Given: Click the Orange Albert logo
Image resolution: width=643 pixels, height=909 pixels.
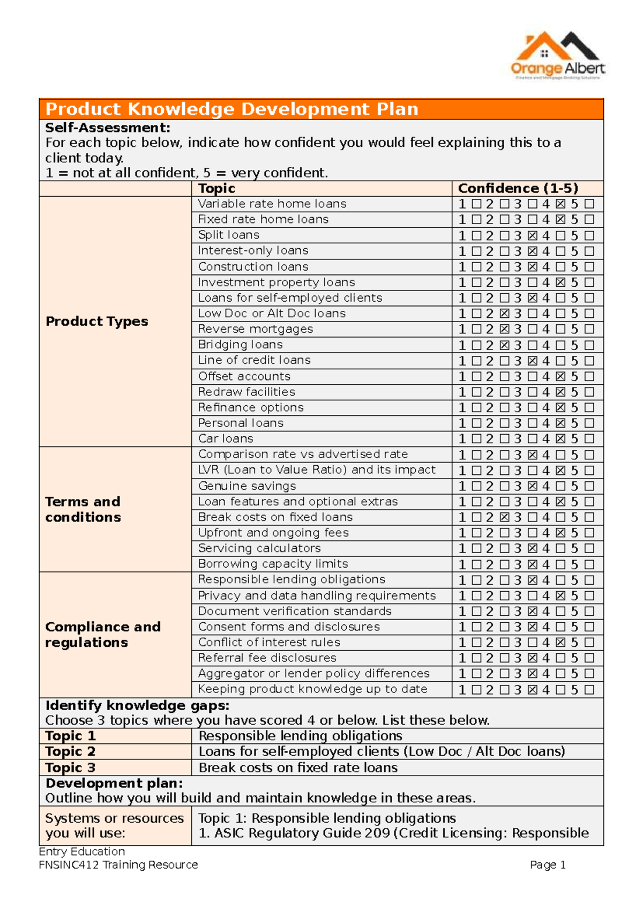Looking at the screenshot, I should point(557,55).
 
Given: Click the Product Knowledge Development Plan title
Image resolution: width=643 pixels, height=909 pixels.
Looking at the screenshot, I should point(231,109).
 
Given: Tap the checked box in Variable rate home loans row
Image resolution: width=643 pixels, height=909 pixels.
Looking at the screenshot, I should point(560,204).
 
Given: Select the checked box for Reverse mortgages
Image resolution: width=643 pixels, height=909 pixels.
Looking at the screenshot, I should point(504,329).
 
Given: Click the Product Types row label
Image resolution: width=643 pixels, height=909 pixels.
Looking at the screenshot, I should point(97,321).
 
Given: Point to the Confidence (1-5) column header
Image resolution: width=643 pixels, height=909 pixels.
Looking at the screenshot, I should point(518,189).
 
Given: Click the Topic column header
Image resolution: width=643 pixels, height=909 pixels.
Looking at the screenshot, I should point(216,189).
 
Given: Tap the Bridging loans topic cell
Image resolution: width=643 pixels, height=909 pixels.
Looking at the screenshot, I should point(241,345).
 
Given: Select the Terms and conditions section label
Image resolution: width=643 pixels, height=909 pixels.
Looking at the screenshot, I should point(83,509).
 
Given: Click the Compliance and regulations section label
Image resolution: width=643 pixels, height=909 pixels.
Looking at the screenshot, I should point(102,635).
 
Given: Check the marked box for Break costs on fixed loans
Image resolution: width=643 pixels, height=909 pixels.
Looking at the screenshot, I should point(504,517).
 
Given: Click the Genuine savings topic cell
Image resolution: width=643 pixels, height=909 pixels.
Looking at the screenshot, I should point(247,486).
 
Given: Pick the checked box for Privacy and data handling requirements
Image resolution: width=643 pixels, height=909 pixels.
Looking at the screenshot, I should point(560,595).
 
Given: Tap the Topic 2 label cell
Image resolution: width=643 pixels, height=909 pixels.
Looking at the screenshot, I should point(70,751).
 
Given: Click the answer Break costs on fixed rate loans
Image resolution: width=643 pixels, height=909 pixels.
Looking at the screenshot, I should point(298,768).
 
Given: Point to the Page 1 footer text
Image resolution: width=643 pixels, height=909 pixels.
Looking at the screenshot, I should point(548,865).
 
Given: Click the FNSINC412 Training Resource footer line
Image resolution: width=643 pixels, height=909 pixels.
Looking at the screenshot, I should point(118,865).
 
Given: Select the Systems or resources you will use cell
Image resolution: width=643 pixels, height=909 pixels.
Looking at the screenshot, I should point(114,825).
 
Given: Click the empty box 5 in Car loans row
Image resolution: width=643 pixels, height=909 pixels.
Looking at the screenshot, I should point(589,439).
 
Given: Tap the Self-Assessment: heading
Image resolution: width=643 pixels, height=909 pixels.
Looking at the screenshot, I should point(108,128).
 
